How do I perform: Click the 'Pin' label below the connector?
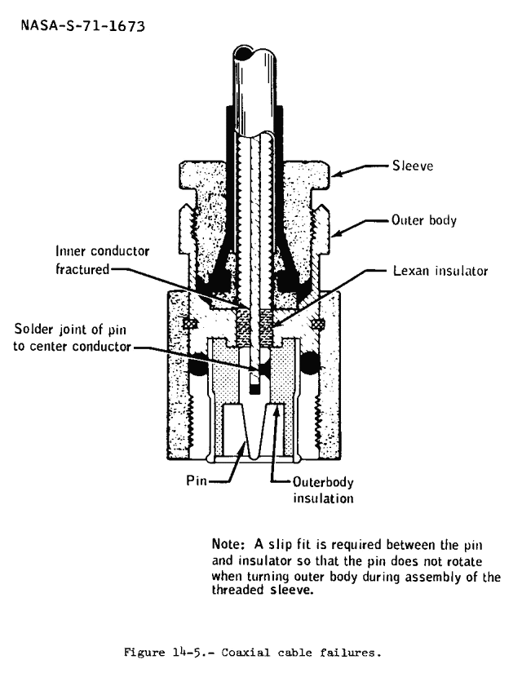[195, 480]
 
